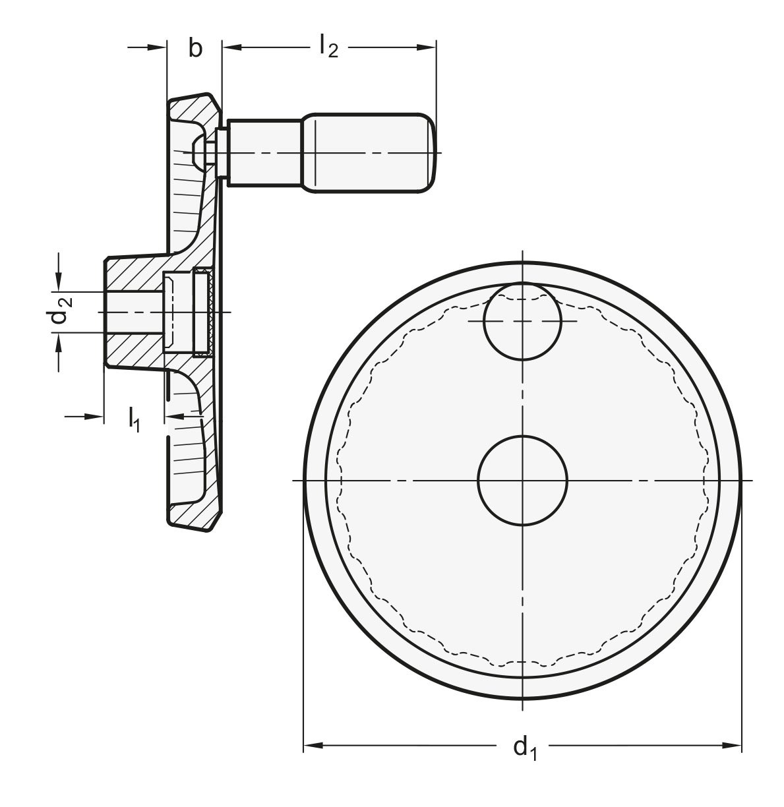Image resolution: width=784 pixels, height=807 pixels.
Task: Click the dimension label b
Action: coord(195,47)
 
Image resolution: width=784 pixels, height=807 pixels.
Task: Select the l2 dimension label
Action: coord(328,46)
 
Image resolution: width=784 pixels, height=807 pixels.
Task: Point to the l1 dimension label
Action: coord(134,420)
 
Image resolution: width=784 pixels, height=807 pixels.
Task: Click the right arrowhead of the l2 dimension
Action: coord(426,47)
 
